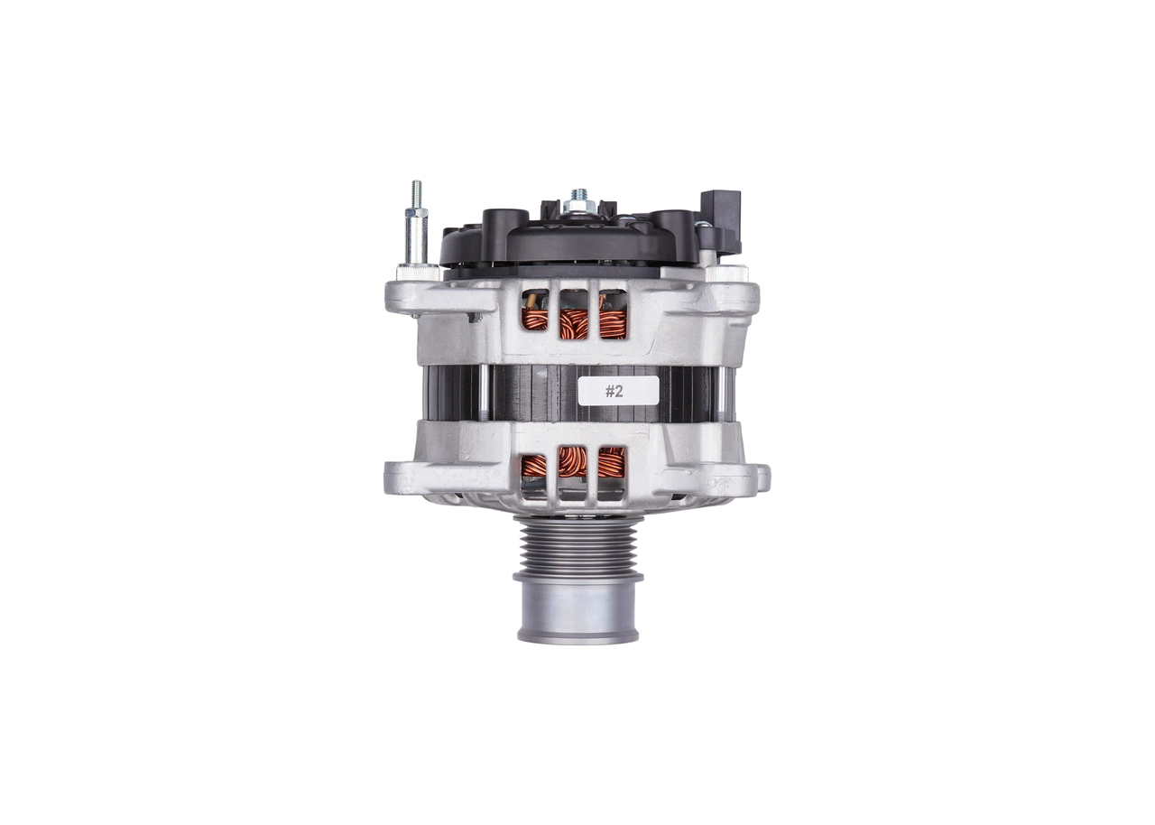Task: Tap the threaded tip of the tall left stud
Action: pos(416,193)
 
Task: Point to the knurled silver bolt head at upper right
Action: pos(725,272)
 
